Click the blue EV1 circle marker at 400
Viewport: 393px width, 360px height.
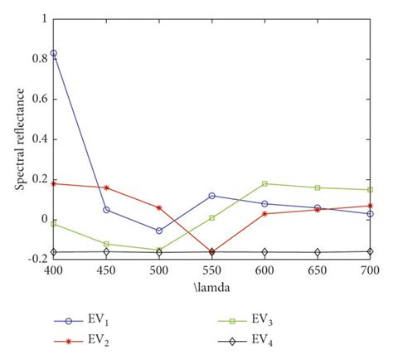(54, 53)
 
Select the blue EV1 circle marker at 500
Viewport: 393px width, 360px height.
(159, 231)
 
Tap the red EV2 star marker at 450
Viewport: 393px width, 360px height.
(106, 187)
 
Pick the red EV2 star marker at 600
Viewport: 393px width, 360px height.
(264, 213)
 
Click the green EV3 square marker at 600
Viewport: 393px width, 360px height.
(264, 183)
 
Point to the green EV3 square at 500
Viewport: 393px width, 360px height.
(159, 250)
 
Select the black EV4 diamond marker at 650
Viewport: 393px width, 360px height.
(318, 252)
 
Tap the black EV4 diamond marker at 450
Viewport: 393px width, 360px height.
(106, 251)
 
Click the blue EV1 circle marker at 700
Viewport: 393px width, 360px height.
(370, 213)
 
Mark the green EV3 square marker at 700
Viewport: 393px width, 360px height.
(370, 190)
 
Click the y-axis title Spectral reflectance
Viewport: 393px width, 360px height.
(18, 137)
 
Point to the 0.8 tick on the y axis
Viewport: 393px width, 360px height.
(39, 59)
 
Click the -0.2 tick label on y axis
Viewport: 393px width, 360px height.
(36, 259)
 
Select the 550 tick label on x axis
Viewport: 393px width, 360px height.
(212, 270)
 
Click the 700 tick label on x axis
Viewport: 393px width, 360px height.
(370, 270)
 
